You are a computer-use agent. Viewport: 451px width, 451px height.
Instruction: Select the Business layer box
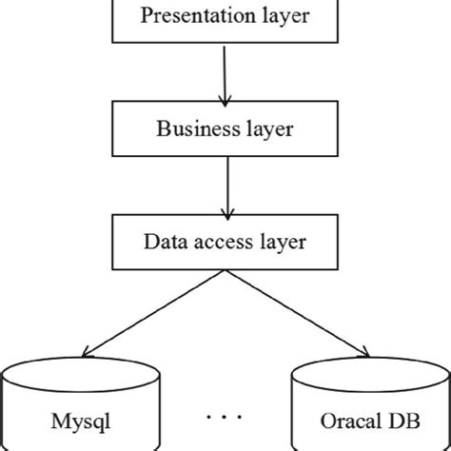[225, 127]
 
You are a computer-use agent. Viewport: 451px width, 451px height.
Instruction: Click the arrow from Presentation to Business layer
[225, 71]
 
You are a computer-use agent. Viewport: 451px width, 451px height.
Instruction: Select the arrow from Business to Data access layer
[225, 186]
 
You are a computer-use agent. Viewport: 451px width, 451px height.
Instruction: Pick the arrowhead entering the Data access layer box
[225, 213]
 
